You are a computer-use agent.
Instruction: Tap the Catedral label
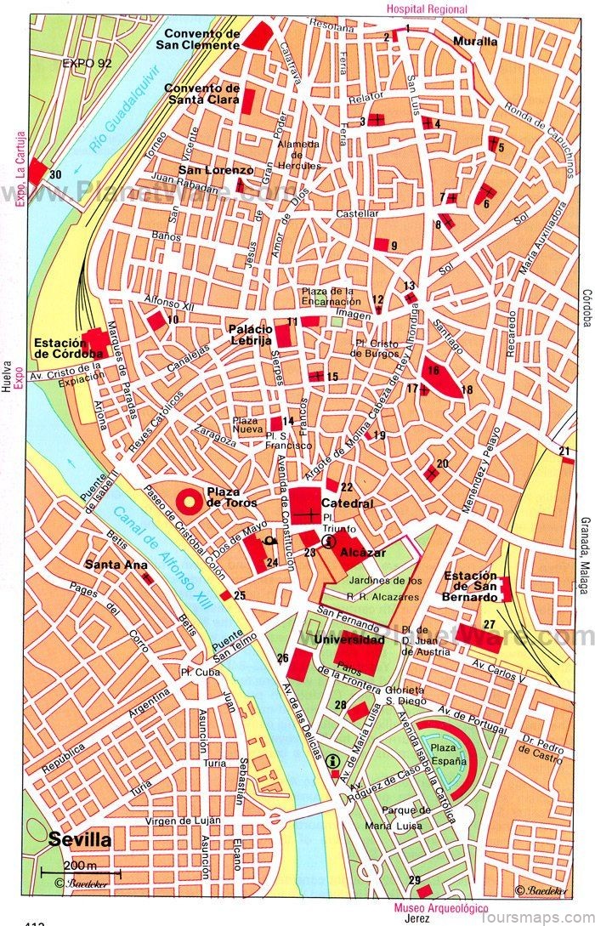[x=347, y=503]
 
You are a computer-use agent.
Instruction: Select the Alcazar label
[x=357, y=553]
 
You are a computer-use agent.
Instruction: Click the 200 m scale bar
[x=80, y=872]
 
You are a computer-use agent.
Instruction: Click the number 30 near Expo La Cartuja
[x=56, y=175]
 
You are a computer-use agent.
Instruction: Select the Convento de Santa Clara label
[x=201, y=94]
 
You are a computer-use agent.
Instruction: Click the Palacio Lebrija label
[x=250, y=334]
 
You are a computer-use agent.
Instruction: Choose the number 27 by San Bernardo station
[x=489, y=624]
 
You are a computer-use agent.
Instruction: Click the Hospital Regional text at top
[x=426, y=9]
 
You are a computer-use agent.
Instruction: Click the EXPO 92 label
[x=87, y=63]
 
